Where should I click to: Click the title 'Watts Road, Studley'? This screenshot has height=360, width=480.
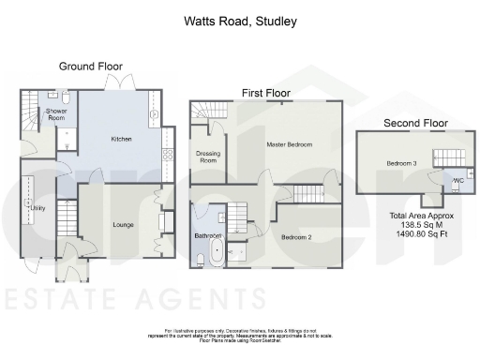tap(239, 20)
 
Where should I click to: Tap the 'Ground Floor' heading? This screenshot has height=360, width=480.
tap(91, 67)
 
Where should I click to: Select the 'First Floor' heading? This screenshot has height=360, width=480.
tap(266, 94)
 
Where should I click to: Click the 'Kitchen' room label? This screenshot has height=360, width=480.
tap(122, 140)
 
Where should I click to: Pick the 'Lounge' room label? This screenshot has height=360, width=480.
tap(124, 225)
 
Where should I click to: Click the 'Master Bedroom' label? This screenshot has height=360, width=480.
tap(288, 144)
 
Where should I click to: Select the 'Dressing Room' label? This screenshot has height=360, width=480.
tap(206, 157)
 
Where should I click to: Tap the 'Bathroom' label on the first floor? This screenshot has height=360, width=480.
tap(206, 235)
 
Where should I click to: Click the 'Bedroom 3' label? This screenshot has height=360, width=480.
tap(400, 163)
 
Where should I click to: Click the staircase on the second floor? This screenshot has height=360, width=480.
tap(448, 156)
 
